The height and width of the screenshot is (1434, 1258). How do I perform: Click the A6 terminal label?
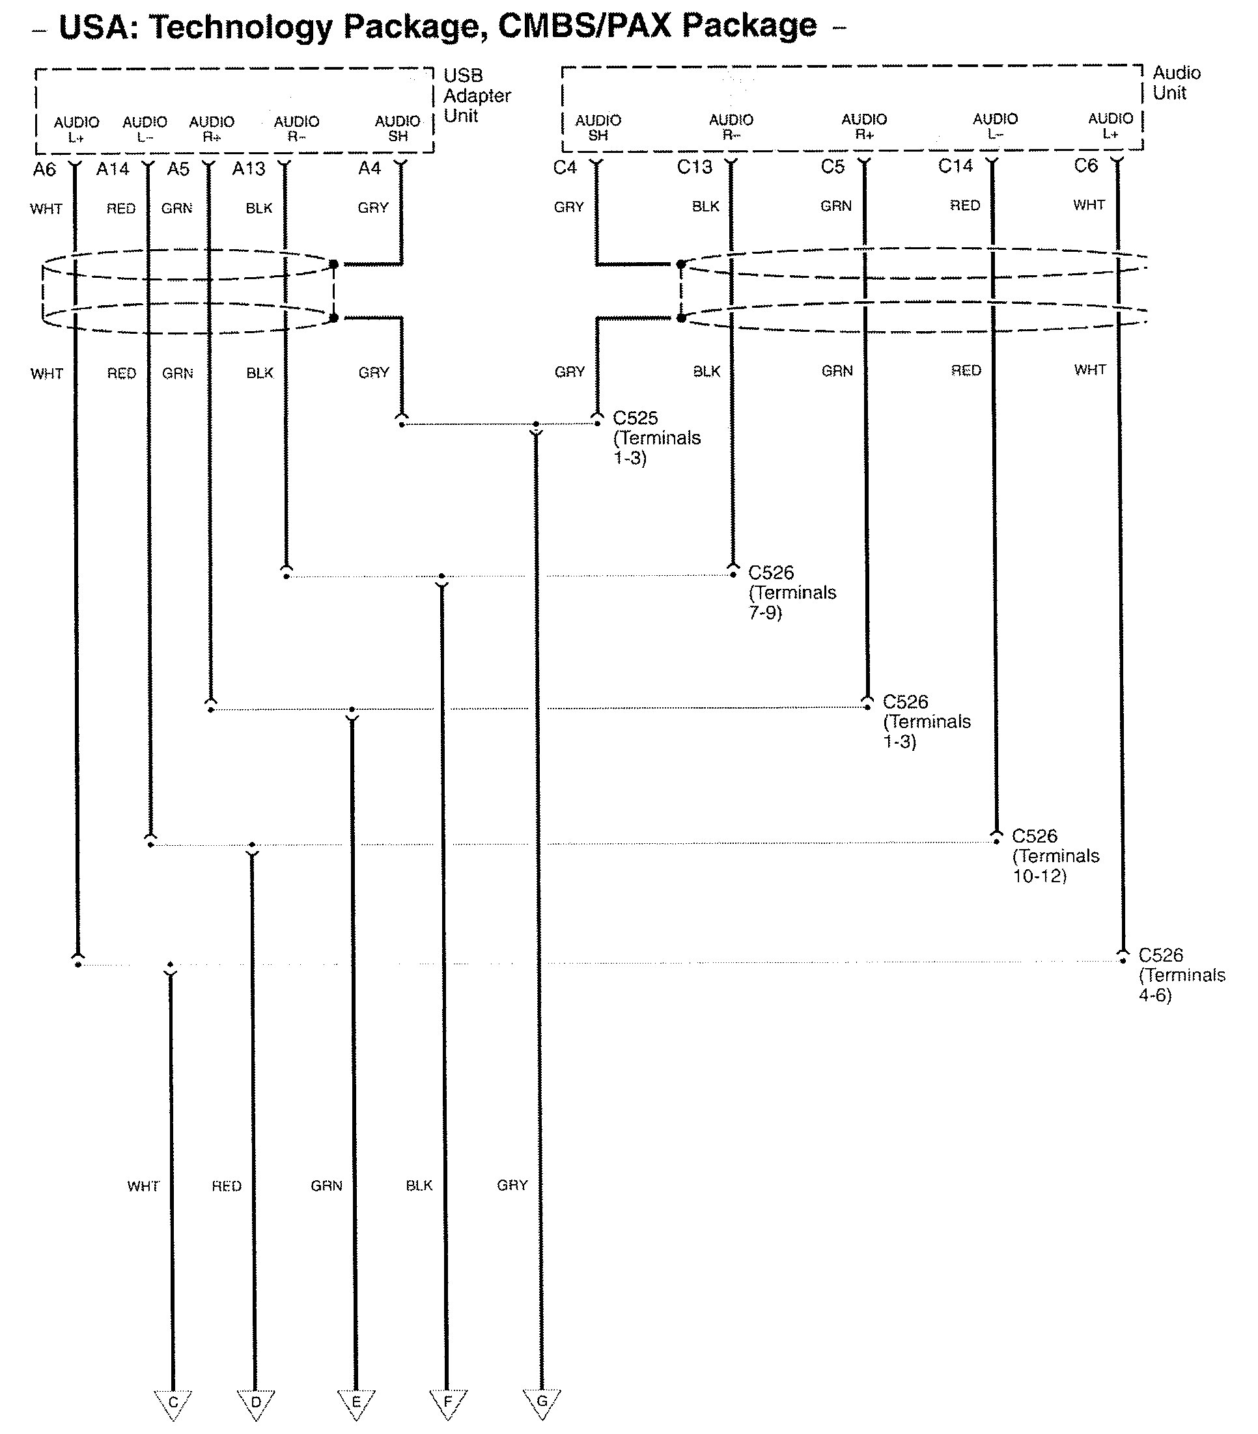pos(44,169)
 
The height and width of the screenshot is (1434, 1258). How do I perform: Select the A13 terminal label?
pos(249,169)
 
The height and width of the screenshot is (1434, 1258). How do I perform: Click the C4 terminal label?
pos(565,168)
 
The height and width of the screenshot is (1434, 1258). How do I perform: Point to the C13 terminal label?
pos(694,168)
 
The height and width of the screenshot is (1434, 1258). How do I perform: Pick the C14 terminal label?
pos(955,167)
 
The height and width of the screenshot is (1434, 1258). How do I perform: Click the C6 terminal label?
pos(1085,165)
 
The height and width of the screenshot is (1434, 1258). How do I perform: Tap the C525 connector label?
pos(636,418)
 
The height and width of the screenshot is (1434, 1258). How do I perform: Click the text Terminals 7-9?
pos(792,602)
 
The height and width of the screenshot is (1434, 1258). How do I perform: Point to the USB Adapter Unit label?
pos(477,96)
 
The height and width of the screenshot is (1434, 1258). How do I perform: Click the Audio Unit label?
pos(1176,83)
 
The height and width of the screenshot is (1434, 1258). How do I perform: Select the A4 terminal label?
pos(369,169)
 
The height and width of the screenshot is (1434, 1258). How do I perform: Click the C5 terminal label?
pos(833,167)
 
